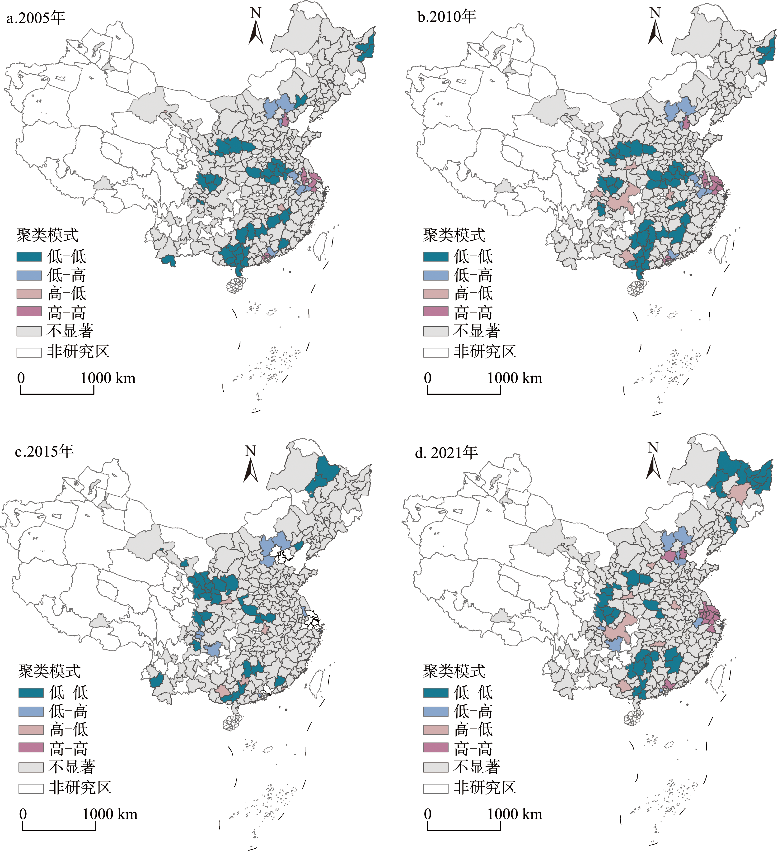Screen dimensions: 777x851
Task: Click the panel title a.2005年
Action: (x=36, y=18)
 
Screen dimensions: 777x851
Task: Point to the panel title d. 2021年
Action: (x=446, y=452)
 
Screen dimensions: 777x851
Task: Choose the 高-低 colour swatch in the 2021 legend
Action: (x=436, y=730)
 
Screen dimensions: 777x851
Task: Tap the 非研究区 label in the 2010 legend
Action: (x=485, y=352)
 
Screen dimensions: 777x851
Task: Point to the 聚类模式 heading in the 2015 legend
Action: (x=49, y=671)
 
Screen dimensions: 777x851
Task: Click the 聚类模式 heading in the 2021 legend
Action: (x=454, y=671)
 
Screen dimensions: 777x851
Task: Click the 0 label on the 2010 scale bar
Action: (x=428, y=378)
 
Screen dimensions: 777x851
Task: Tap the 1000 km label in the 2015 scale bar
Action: (x=110, y=814)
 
